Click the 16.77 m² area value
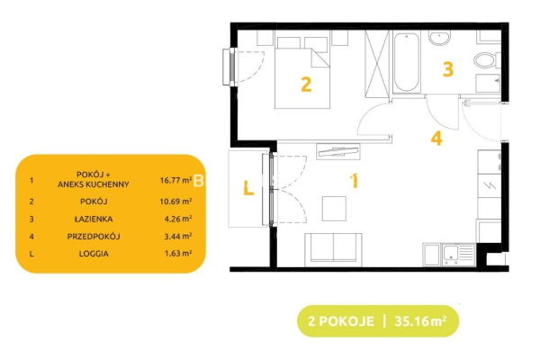click(x=175, y=180)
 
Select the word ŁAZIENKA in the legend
click(x=94, y=219)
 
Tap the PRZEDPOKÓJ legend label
click(x=94, y=236)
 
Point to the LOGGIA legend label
click(x=94, y=254)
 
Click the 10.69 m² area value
click(x=175, y=202)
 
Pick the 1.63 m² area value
click(x=178, y=253)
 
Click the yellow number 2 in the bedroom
click(x=306, y=85)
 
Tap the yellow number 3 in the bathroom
click(x=448, y=69)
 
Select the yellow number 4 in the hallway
click(x=436, y=138)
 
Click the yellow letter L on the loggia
click(x=248, y=188)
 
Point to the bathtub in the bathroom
click(x=407, y=62)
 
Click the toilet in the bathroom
click(x=487, y=60)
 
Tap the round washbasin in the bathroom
click(x=440, y=38)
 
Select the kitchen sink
click(x=458, y=255)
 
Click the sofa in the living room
click(x=333, y=249)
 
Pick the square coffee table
click(x=334, y=209)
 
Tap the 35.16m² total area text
click(x=420, y=321)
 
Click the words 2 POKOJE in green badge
click(x=341, y=321)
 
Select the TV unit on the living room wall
click(x=338, y=152)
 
